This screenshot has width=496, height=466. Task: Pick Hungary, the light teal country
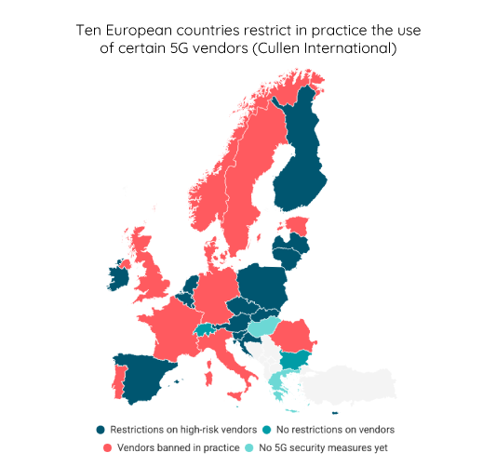[x=263, y=326]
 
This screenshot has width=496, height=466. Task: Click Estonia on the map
[x=297, y=225]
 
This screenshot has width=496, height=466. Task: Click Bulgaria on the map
[x=297, y=359]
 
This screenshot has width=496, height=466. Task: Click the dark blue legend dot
[x=101, y=430]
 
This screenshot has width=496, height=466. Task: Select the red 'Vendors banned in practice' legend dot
[x=101, y=447]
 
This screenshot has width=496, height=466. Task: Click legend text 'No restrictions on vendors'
[x=334, y=430]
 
